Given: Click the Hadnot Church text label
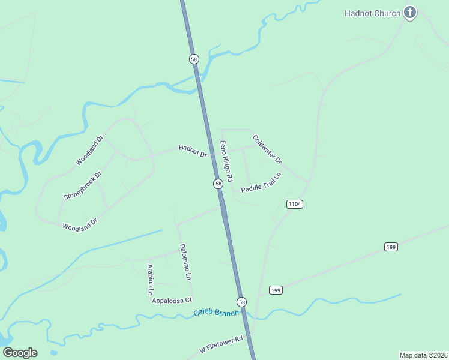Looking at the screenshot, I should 372,13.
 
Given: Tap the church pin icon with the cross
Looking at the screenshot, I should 410,13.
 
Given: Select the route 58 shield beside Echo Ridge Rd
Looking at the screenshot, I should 218,184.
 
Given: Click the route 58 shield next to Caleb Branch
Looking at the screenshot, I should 241,302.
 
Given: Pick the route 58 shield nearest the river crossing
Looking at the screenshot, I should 193,59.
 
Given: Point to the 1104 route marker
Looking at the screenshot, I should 294,204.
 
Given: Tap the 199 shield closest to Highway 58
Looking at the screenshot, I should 276,290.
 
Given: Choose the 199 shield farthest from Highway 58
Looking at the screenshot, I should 391,247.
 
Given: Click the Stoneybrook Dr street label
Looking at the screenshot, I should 83,186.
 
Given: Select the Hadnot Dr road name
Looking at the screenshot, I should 192,151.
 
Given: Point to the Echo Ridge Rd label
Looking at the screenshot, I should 226,161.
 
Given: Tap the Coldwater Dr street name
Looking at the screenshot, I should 267,149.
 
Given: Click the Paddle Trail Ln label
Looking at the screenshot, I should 261,183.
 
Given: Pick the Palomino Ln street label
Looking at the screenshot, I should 185,262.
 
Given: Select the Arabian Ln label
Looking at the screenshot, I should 150,280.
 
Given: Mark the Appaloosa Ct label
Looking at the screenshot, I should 172,300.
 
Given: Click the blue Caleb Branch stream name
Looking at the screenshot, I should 216,313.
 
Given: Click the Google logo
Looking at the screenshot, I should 20,353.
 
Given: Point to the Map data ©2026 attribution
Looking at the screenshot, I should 423,355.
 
